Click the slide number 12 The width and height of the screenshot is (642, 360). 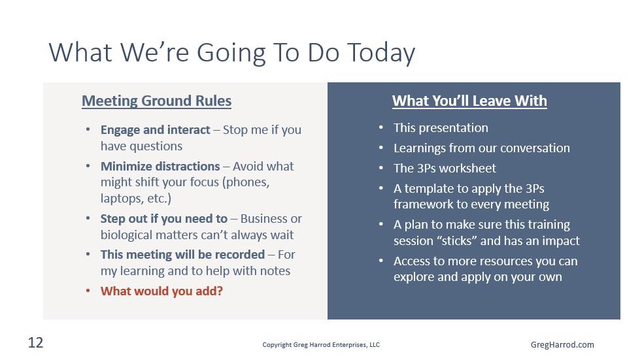(x=35, y=342)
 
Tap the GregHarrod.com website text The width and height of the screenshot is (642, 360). (x=562, y=344)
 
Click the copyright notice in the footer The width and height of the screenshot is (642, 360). (x=321, y=344)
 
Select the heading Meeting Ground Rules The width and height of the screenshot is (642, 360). (x=156, y=101)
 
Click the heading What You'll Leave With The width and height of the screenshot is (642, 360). (x=469, y=101)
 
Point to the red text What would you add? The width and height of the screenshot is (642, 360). (x=161, y=291)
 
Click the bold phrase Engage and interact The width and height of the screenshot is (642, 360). (x=155, y=129)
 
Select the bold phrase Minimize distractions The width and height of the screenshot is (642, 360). (x=160, y=166)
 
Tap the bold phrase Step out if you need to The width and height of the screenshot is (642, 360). (x=164, y=218)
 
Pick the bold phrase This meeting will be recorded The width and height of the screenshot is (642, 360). (x=182, y=254)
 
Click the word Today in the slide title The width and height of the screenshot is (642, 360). (x=382, y=52)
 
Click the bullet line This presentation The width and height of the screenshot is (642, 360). (x=441, y=127)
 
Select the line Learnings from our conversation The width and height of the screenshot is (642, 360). (x=481, y=148)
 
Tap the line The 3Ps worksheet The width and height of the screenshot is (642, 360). (x=445, y=168)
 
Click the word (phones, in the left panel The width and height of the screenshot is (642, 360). (x=246, y=182)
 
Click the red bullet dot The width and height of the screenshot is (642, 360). (x=88, y=291)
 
